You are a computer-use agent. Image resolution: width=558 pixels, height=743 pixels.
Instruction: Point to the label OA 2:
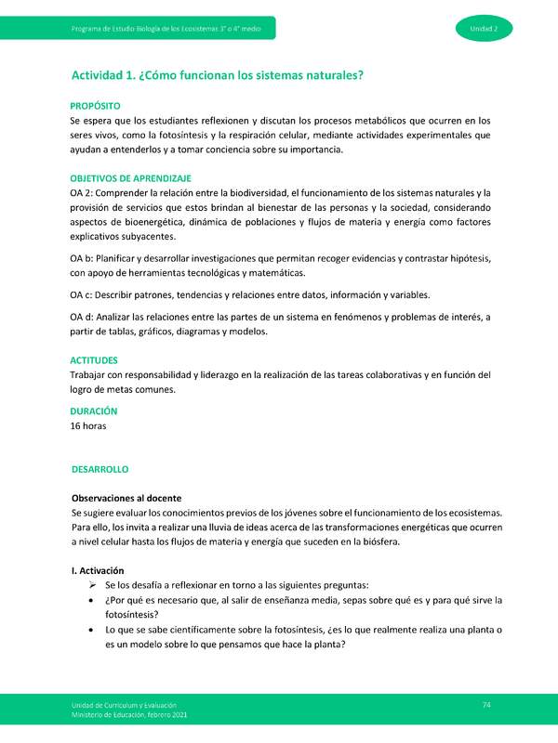click(x=84, y=192)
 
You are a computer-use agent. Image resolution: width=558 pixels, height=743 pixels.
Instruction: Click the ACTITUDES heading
click(x=94, y=358)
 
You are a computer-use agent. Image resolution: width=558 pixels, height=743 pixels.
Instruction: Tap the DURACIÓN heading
click(x=94, y=410)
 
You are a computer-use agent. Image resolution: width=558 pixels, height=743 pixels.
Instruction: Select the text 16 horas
click(x=88, y=426)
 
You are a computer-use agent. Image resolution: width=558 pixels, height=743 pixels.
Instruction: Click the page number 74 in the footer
click(x=485, y=705)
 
